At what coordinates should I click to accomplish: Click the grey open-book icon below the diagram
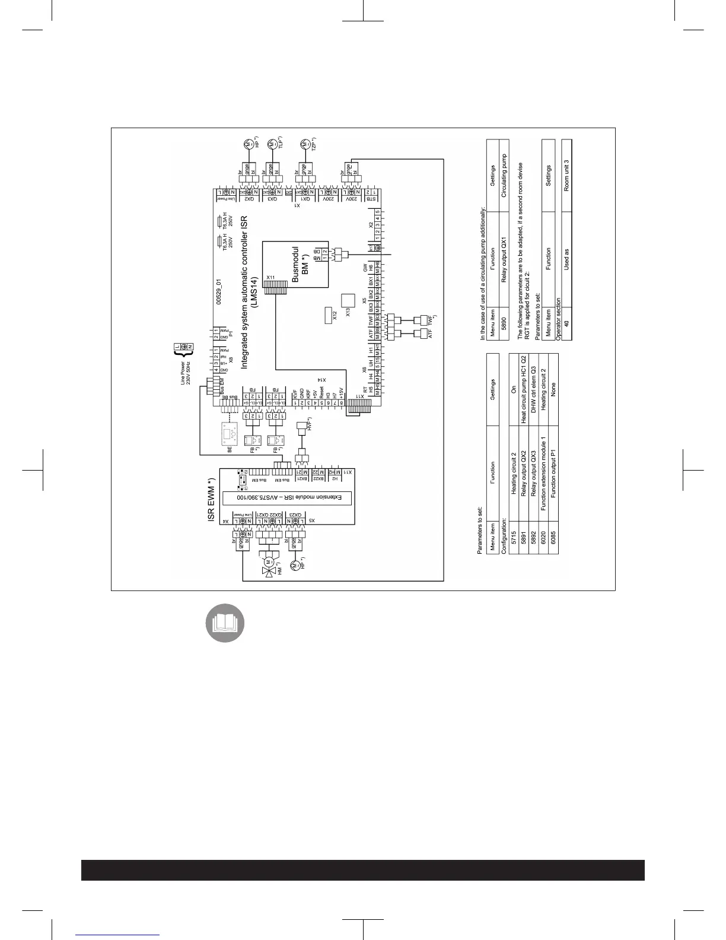pyautogui.click(x=225, y=624)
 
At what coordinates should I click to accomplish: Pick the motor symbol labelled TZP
pyautogui.click(x=305, y=144)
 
